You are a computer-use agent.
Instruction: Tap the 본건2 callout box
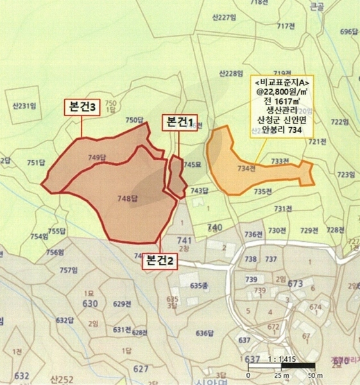tap(159, 260)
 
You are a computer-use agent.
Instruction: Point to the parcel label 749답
tap(98, 157)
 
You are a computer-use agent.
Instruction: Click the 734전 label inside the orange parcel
tap(246, 168)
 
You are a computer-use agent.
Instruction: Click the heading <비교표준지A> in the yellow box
tap(281, 83)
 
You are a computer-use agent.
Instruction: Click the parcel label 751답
tap(37, 163)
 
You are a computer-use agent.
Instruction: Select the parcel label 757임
tap(68, 270)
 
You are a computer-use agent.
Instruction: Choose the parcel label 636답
tap(204, 333)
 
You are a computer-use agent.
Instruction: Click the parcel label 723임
tap(346, 175)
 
